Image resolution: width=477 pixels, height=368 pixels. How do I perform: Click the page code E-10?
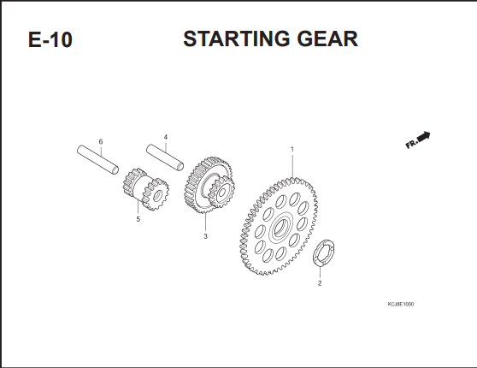click(x=50, y=39)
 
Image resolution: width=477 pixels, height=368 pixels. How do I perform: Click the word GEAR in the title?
click(x=327, y=39)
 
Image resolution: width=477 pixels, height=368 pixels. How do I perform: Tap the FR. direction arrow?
click(x=424, y=136)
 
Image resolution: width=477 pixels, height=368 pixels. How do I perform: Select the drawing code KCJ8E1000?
click(x=401, y=304)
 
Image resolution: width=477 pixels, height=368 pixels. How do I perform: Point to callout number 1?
click(x=292, y=149)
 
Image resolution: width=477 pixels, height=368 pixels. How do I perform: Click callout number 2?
click(x=320, y=283)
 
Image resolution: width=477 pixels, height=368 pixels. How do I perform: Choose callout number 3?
click(x=205, y=236)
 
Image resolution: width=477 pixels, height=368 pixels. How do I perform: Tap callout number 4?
click(x=166, y=137)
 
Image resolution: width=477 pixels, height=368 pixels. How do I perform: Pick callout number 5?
click(x=138, y=219)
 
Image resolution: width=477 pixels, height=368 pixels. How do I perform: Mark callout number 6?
click(x=101, y=142)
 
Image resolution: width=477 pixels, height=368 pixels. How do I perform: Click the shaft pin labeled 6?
click(x=97, y=160)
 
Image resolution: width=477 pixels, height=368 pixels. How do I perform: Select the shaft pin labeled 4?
click(x=165, y=157)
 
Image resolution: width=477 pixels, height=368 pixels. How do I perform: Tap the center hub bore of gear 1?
click(x=280, y=227)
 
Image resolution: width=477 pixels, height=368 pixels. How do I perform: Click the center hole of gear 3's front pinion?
click(x=222, y=193)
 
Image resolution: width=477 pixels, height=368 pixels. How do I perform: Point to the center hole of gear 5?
click(x=157, y=196)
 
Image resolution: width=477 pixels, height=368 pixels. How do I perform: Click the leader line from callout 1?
click(x=292, y=166)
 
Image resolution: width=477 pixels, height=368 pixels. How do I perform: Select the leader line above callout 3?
click(x=205, y=223)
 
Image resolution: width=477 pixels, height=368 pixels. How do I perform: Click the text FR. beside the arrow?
click(x=411, y=144)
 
